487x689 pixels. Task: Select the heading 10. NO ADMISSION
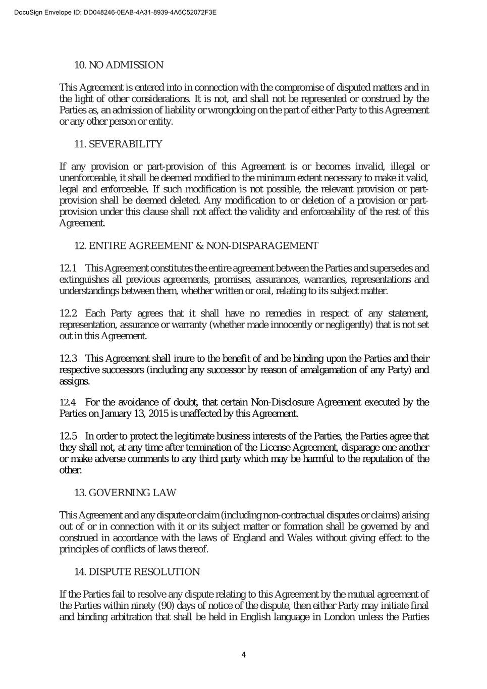click(119, 65)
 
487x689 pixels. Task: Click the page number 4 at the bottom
click(244, 655)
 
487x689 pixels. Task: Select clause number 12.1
click(68, 268)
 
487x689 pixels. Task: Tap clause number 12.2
click(68, 313)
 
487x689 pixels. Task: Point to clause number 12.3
click(68, 358)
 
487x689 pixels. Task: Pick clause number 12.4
click(68, 402)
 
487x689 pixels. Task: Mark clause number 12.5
click(68, 436)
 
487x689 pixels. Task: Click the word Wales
click(299, 538)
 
